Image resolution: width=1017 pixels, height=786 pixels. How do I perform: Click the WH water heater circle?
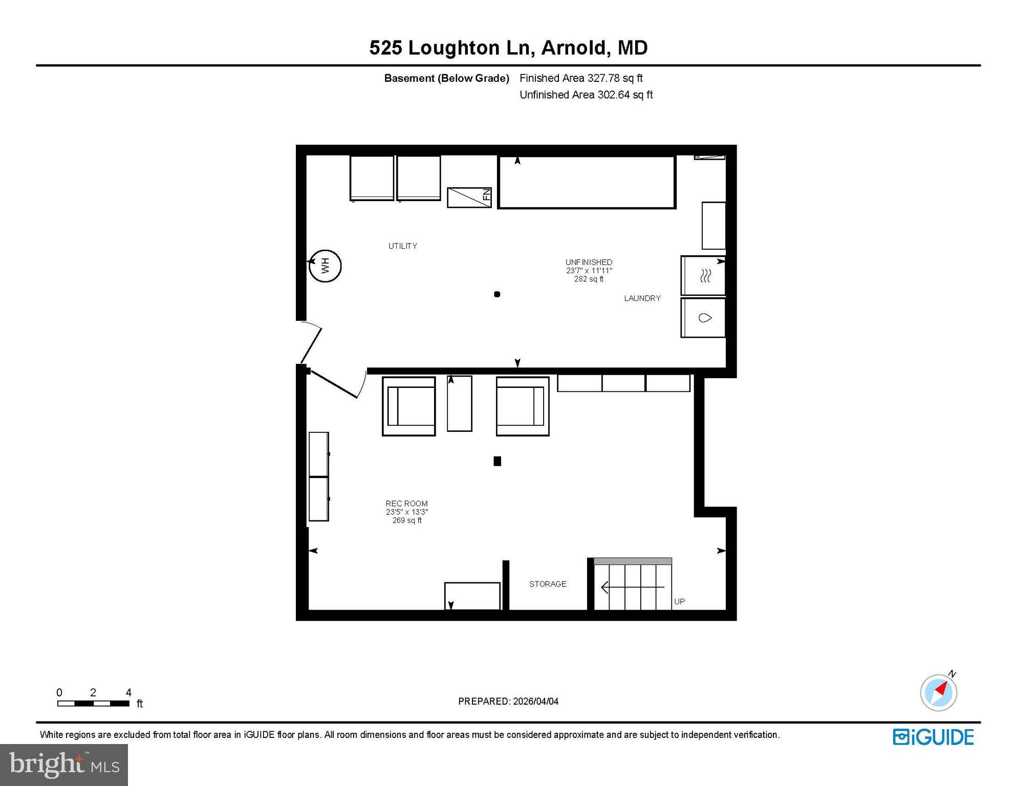(325, 266)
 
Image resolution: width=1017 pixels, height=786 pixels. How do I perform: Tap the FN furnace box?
(469, 198)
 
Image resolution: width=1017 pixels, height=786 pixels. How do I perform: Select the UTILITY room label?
(402, 246)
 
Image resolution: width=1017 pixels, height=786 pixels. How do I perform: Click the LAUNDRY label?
(642, 298)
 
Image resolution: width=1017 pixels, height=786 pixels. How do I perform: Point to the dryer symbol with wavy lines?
(705, 276)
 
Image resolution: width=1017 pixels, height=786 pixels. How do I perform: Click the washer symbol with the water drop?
(705, 318)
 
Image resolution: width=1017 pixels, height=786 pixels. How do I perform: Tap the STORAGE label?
(547, 584)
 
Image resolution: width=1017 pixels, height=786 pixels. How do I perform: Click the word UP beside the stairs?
(679, 602)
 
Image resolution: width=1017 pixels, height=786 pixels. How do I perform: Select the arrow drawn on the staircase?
(632, 587)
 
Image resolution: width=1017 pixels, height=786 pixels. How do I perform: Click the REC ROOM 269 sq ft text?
(407, 512)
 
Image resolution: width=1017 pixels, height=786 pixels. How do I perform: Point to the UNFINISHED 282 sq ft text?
(589, 270)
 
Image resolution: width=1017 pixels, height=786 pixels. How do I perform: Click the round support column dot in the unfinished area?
(496, 294)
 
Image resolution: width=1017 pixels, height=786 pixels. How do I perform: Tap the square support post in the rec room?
(497, 461)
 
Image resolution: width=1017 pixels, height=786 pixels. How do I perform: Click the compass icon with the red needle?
(939, 692)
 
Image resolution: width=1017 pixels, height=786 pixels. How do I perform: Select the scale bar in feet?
(93, 703)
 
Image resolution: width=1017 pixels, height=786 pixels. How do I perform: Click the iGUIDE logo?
(933, 737)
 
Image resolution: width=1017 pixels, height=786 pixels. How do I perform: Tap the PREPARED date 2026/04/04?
(508, 702)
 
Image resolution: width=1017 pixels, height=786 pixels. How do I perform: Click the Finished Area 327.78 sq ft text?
(580, 78)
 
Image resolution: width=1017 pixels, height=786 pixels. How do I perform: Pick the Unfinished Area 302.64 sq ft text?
(586, 95)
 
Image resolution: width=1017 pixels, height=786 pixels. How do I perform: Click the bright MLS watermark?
(64, 765)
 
